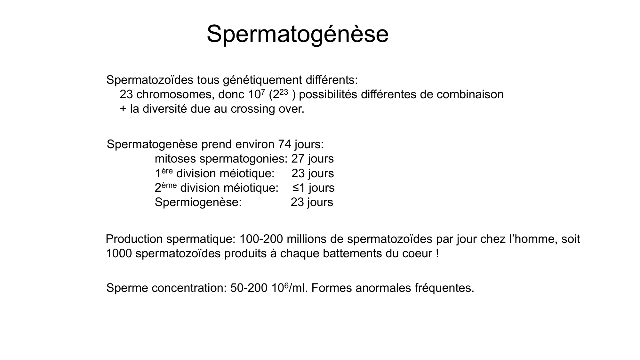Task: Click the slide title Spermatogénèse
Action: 298,34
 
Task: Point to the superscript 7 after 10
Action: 263,92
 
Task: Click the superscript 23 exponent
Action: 284,92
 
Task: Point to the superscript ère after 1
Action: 167,170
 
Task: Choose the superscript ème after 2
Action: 169,185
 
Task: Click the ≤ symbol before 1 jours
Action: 295,188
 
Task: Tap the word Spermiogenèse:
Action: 198,202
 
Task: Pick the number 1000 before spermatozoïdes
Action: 119,253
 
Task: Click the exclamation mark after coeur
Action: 437,253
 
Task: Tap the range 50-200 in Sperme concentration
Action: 249,288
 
